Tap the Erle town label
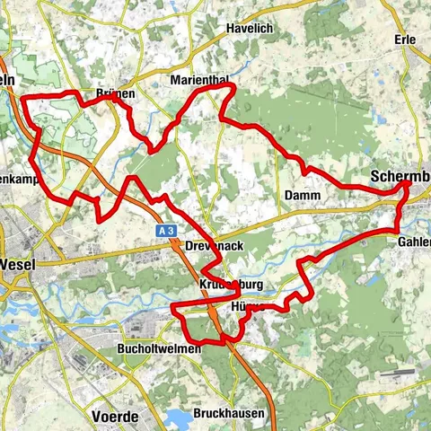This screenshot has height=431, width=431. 405,40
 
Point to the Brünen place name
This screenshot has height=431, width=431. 115,94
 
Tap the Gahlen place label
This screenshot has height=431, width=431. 413,242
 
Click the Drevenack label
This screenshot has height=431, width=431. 208,245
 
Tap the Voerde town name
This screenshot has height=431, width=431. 114,391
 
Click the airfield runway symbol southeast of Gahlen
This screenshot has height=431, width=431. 396,372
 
